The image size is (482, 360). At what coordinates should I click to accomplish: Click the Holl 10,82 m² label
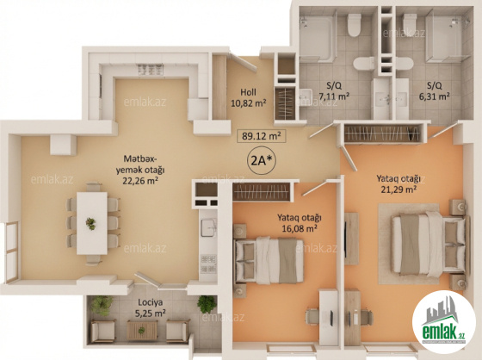(x=249, y=97)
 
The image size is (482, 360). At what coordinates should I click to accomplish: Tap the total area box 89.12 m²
(x=262, y=136)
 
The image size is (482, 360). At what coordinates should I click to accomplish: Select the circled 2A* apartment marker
(x=262, y=160)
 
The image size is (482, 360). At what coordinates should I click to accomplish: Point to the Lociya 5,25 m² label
(x=151, y=307)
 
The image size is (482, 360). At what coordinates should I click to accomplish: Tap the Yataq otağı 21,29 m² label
(x=399, y=183)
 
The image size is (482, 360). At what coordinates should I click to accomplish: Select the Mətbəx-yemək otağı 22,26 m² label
(x=140, y=170)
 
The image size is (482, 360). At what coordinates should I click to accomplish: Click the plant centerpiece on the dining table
(x=90, y=223)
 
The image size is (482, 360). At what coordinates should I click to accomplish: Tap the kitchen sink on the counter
(x=208, y=227)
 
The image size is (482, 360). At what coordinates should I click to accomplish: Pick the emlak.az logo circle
(x=444, y=322)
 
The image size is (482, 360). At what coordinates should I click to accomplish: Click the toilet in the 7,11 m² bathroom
(x=354, y=25)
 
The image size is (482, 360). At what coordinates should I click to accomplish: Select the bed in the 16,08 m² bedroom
(x=269, y=260)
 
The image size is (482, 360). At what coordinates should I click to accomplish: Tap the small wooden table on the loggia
(x=142, y=330)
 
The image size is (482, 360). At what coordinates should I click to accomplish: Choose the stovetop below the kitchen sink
(x=208, y=264)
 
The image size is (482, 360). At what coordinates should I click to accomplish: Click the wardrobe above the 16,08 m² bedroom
(x=262, y=192)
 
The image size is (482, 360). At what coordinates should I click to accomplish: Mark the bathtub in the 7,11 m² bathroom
(x=317, y=39)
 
